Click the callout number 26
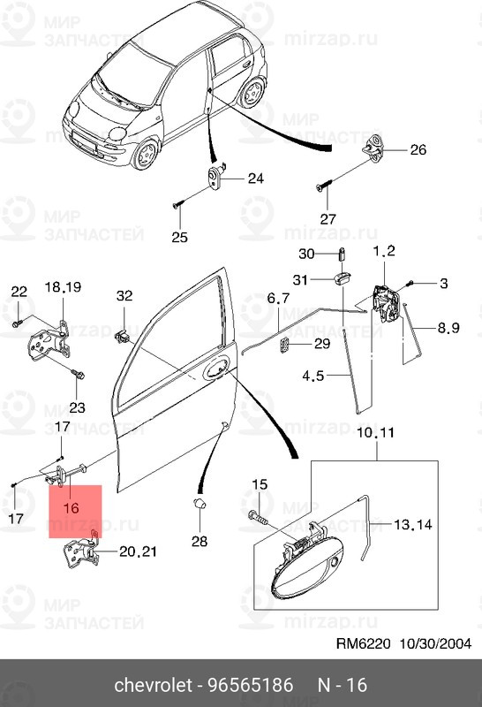coord(418,150)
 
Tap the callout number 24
coord(255,179)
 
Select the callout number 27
coord(328,218)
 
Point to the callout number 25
coord(179,236)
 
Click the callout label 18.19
coord(63,286)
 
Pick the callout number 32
coord(124,295)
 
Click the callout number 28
coord(200,540)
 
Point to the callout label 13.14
coord(413,524)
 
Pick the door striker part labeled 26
coord(376,148)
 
